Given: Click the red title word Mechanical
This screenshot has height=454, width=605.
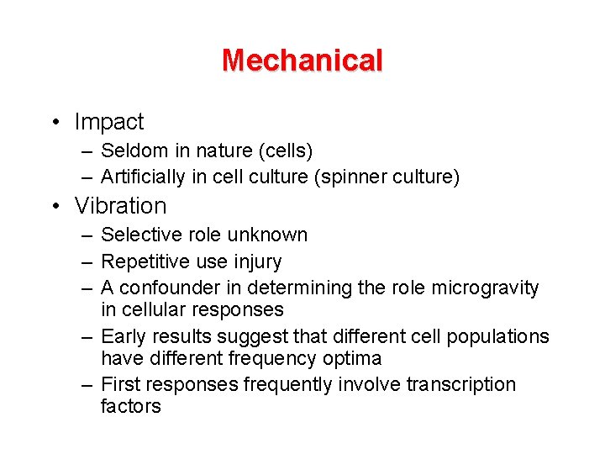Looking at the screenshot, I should tap(302, 61).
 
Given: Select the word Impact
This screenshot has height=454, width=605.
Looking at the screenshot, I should tap(109, 122).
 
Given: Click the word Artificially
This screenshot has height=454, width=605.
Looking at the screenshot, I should tap(145, 177).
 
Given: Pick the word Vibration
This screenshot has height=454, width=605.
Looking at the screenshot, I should tap(121, 205).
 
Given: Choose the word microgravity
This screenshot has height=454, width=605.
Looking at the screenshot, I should tap(486, 288).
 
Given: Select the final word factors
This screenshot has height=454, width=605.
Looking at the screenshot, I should tap(130, 406).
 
